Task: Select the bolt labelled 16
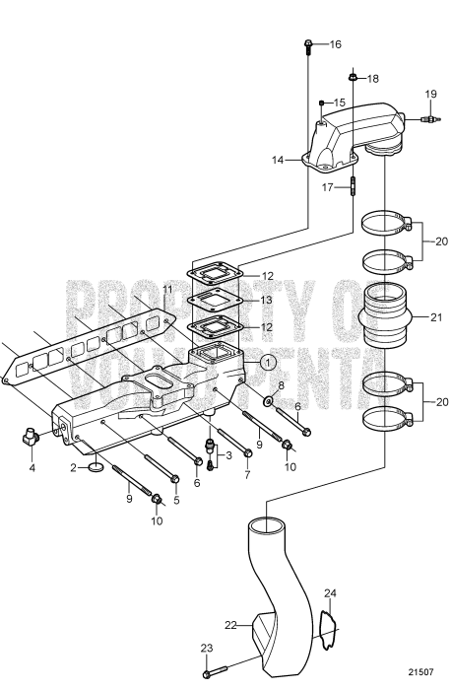pos(308,44)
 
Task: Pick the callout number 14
pos(278,157)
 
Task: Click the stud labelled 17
pos(352,185)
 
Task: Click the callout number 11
pos(167,289)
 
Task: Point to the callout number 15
pos(338,103)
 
